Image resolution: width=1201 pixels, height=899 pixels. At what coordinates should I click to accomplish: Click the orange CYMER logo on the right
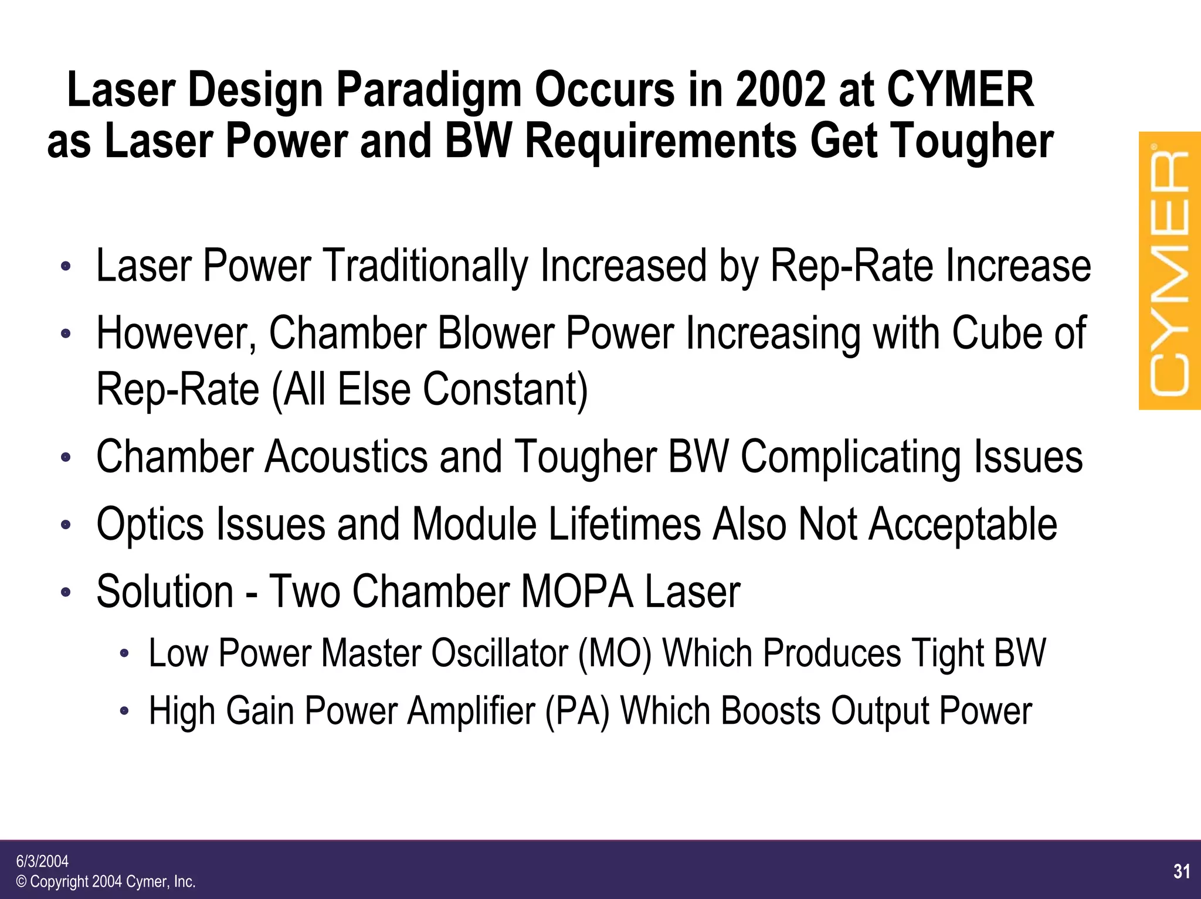point(1169,271)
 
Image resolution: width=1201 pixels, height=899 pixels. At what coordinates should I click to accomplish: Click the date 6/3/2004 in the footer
point(42,861)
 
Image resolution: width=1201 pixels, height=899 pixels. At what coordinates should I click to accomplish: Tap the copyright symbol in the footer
point(21,882)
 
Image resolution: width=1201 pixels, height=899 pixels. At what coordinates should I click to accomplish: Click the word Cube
point(994,333)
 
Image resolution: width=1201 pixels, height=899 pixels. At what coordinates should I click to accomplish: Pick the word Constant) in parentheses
point(505,389)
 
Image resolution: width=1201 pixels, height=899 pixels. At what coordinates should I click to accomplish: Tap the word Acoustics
point(346,457)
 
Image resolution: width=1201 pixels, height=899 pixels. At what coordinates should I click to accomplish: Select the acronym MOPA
point(576,591)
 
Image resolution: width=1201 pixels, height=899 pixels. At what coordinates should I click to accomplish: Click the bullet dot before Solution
point(66,592)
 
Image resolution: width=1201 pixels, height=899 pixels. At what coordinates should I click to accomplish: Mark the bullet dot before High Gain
point(124,711)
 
